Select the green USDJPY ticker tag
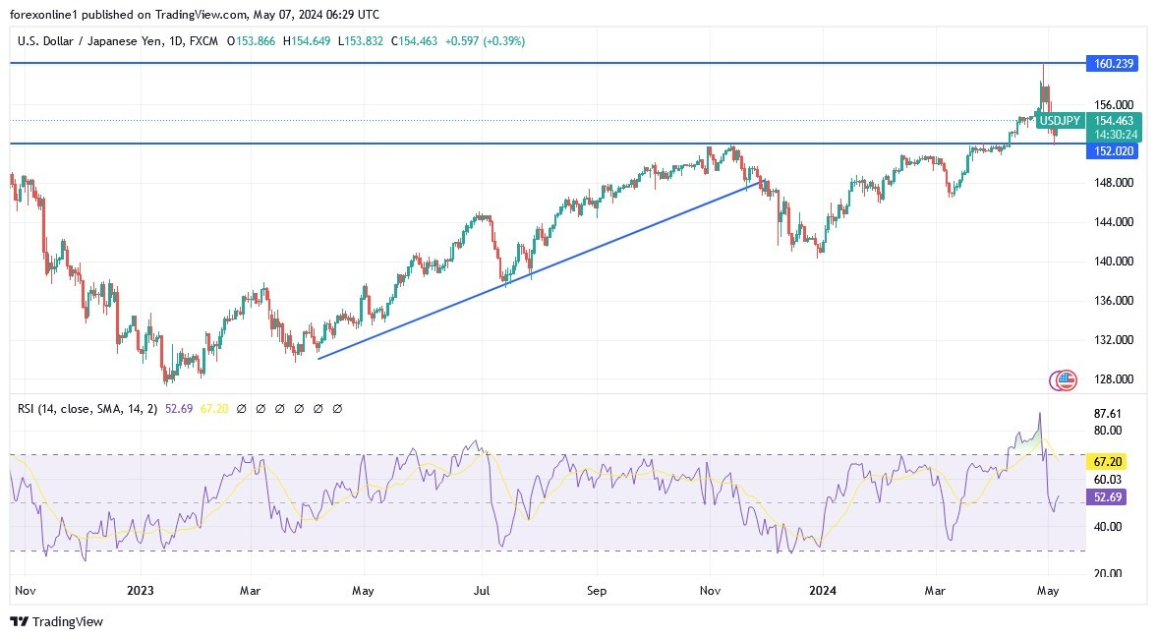(x=1059, y=121)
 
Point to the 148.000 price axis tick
(x=1114, y=183)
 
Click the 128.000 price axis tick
(x=1114, y=379)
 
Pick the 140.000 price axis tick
(x=1114, y=261)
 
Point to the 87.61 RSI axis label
(x=1106, y=414)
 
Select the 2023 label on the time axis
(x=141, y=591)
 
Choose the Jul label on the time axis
(x=482, y=591)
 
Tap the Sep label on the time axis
(x=597, y=591)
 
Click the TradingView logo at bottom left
(x=56, y=621)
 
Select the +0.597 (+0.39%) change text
(x=485, y=41)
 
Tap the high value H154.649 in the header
(x=308, y=41)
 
